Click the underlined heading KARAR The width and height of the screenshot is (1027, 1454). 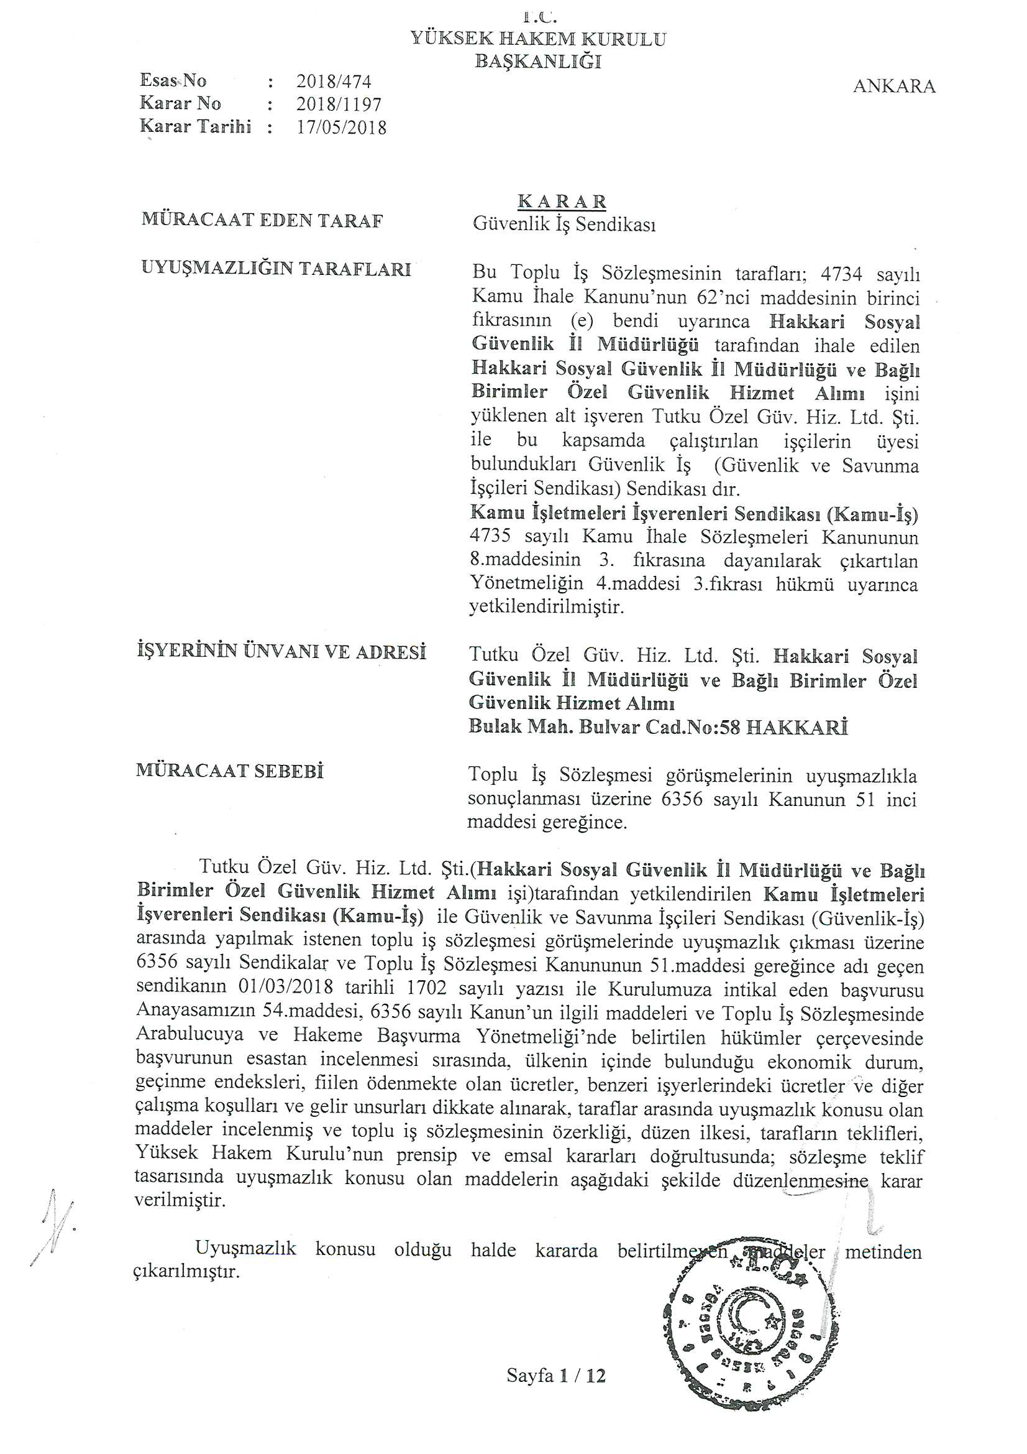point(562,201)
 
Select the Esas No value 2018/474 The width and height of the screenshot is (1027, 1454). point(334,81)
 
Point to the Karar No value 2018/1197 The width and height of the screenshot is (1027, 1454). point(339,104)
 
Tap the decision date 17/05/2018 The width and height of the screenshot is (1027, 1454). point(341,127)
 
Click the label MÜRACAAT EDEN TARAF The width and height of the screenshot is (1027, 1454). point(262,221)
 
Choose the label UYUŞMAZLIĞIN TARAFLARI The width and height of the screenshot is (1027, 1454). point(276,269)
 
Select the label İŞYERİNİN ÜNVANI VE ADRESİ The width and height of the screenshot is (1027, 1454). point(281,652)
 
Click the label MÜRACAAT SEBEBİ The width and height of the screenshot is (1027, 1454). point(230,772)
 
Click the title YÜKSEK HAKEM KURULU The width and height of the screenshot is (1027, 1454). point(538,39)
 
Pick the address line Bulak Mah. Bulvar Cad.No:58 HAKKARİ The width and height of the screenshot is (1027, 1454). point(657,727)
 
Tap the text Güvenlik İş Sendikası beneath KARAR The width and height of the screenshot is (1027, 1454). point(564,225)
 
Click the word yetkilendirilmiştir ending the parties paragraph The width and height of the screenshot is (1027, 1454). point(546,608)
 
